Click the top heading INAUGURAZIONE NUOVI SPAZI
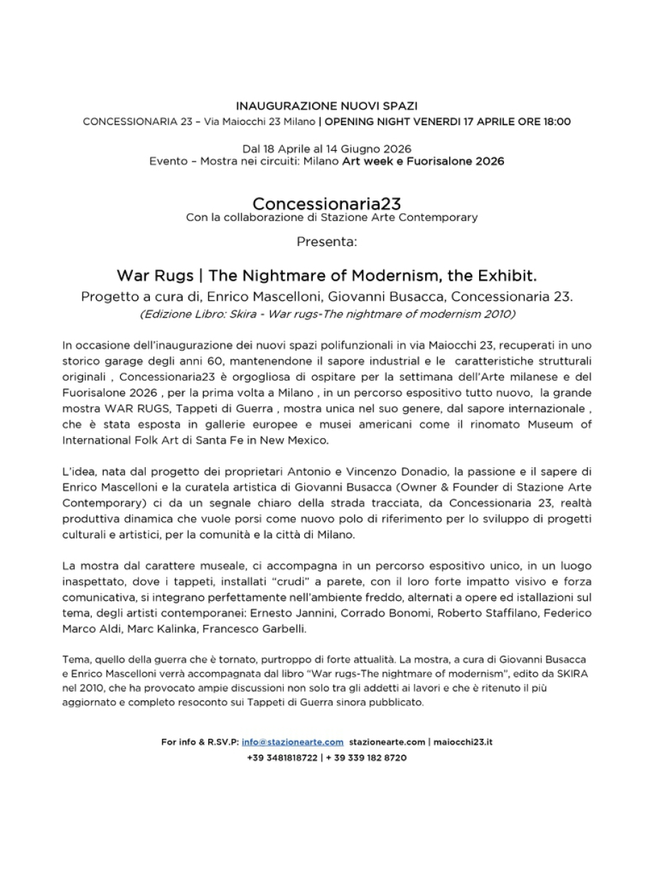coord(326,106)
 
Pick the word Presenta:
coord(326,242)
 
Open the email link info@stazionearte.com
coord(293,742)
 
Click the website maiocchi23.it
coord(462,742)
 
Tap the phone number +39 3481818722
coord(282,758)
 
